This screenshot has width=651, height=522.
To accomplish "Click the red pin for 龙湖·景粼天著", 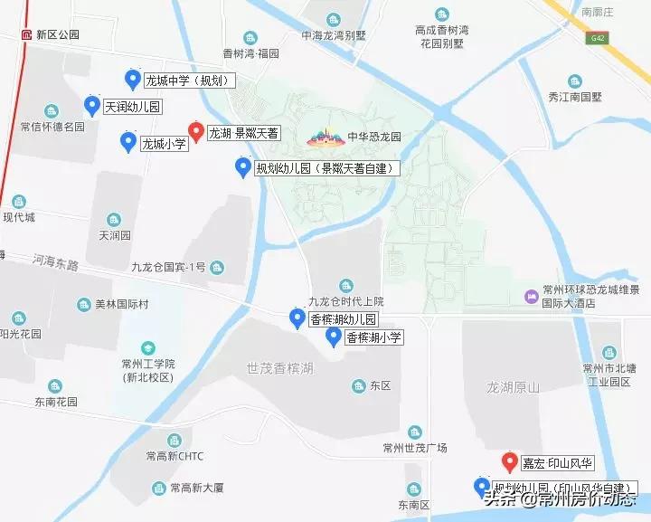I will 194,132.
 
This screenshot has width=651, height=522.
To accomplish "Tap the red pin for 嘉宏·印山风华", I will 508,462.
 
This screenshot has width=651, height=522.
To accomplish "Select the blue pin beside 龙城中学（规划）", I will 133,81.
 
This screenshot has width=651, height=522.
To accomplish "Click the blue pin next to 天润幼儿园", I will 91,106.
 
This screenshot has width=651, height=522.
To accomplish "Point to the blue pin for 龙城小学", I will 127,142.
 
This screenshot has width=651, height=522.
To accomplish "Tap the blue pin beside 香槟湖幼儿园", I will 296,318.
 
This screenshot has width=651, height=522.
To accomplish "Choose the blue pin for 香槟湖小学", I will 332,337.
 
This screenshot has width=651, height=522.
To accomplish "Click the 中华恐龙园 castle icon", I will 326,138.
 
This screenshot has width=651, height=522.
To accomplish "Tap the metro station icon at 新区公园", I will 27,34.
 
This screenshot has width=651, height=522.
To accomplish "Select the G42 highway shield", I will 596,38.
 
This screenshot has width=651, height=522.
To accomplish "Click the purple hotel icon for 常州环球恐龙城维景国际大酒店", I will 531,296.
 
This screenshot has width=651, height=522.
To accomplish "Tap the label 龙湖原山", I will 513,387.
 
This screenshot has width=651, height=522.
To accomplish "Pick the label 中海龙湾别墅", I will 334,37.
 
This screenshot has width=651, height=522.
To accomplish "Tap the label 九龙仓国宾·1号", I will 168,267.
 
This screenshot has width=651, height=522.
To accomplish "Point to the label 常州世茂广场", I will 414,448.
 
